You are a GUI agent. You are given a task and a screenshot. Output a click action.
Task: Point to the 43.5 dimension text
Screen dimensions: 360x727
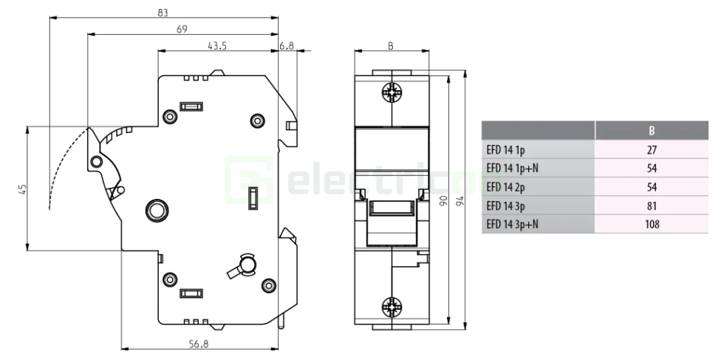pyautogui.click(x=216, y=46)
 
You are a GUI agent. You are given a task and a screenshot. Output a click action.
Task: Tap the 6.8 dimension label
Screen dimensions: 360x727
pyautogui.click(x=287, y=46)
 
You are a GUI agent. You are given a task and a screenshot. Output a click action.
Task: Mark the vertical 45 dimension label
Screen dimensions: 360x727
pyautogui.click(x=22, y=189)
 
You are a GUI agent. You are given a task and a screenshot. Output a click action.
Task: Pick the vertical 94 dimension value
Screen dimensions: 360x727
pyautogui.click(x=460, y=201)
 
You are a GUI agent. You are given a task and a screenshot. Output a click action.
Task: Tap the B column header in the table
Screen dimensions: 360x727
pyautogui.click(x=651, y=131)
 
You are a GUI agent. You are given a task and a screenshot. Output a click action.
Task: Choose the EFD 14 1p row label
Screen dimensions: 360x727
pyautogui.click(x=505, y=149)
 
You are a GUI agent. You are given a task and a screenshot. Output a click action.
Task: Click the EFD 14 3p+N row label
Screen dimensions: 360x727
pyautogui.click(x=512, y=224)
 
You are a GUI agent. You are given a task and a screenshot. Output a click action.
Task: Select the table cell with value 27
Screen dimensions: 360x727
pyautogui.click(x=651, y=149)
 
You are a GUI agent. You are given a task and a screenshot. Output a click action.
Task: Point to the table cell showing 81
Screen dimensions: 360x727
pyautogui.click(x=651, y=206)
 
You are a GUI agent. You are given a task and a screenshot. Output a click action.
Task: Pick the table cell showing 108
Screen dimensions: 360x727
pyautogui.click(x=651, y=224)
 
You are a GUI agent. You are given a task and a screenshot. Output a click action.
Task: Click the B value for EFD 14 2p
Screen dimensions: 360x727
pyautogui.click(x=651, y=187)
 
